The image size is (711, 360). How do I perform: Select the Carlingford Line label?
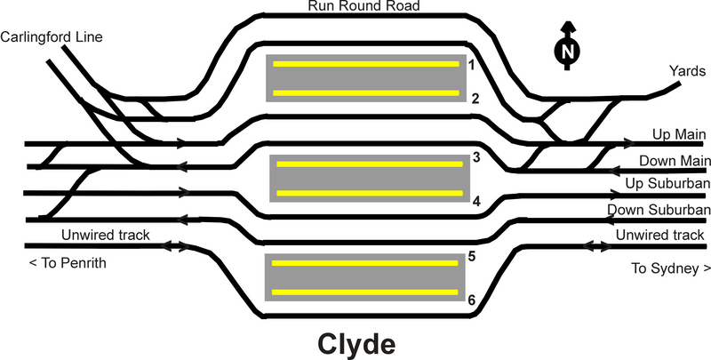click(x=52, y=36)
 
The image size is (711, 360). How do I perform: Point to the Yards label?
click(x=682, y=69)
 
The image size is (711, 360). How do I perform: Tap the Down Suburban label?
click(x=659, y=211)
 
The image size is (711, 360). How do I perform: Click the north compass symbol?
click(x=566, y=52)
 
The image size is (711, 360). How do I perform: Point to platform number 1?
click(x=474, y=65)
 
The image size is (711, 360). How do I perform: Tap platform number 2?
click(x=475, y=98)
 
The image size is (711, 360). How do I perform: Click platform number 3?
click(x=476, y=158)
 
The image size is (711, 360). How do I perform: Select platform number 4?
click(x=476, y=201)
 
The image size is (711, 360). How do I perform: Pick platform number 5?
click(x=473, y=256)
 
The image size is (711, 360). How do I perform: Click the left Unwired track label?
click(x=106, y=235)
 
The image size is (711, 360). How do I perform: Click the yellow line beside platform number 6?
click(x=365, y=292)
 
